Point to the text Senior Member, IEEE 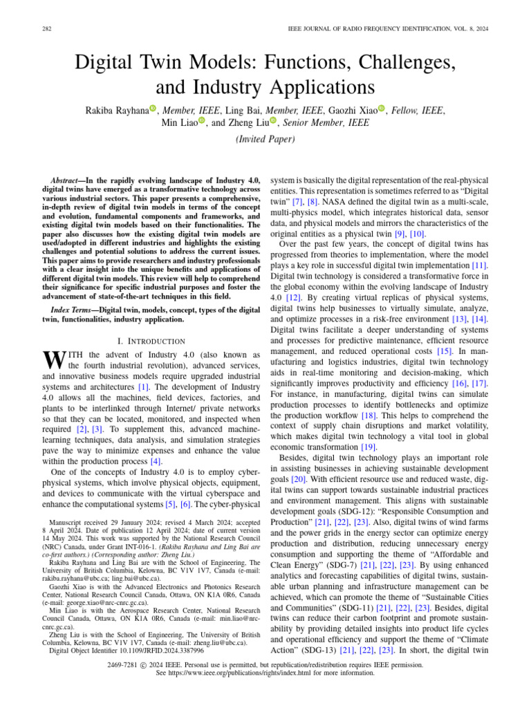tap(325, 122)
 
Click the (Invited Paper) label tap(265, 139)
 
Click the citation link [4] tap(156, 460)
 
